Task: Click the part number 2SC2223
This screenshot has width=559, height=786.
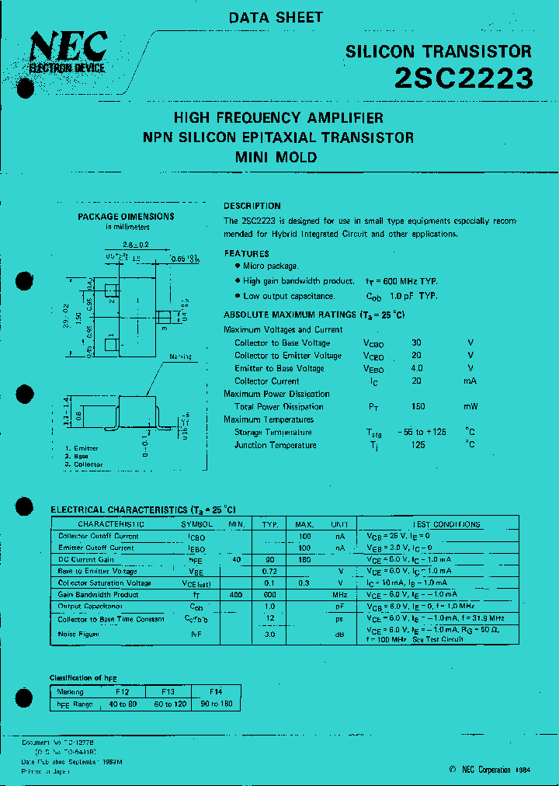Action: [x=464, y=78]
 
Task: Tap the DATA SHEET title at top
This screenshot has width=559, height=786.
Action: [x=276, y=17]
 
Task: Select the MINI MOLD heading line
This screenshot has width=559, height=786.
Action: [x=276, y=157]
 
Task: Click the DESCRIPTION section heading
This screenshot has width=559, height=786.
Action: [x=252, y=206]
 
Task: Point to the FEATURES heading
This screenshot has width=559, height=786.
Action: [x=247, y=254]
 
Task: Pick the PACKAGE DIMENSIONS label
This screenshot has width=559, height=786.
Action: [x=126, y=217]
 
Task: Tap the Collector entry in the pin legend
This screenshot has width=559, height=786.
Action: [x=86, y=464]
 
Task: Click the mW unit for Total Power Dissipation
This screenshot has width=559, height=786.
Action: [x=470, y=407]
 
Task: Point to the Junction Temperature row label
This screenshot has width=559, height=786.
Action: [x=275, y=445]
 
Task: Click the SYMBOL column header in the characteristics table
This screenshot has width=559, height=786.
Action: [x=196, y=524]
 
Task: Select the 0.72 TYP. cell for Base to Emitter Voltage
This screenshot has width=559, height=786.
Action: [x=269, y=571]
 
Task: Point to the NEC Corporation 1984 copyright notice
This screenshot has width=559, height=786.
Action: [x=491, y=770]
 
